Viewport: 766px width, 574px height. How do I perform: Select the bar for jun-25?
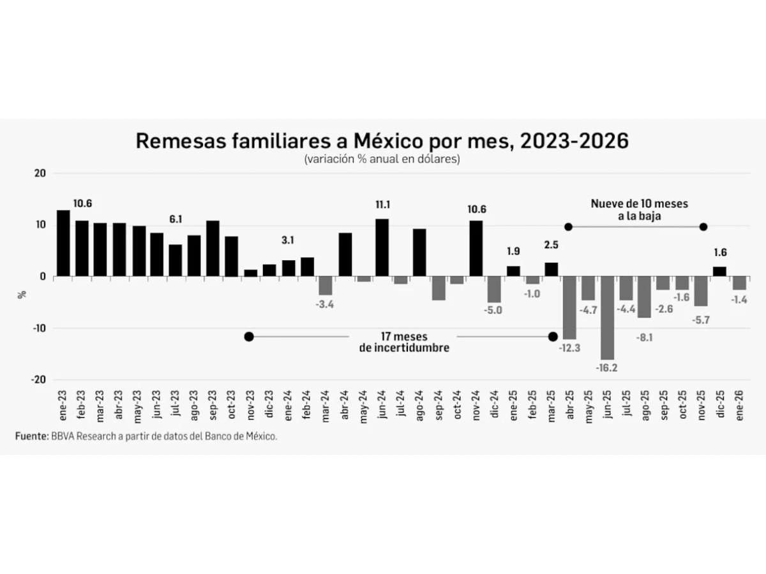click(607, 318)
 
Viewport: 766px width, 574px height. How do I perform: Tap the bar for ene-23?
click(63, 243)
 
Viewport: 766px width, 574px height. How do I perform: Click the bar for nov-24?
click(476, 248)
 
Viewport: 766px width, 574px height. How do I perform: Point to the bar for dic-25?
click(719, 271)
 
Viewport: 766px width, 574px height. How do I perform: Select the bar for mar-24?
click(326, 285)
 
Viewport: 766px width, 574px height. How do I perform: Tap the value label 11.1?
click(383, 205)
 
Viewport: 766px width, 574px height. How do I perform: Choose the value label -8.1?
click(645, 337)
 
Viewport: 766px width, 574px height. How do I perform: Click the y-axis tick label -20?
click(40, 379)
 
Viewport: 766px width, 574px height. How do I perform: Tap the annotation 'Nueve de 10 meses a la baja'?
click(638, 209)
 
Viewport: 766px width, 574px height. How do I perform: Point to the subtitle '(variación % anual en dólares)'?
click(382, 160)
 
